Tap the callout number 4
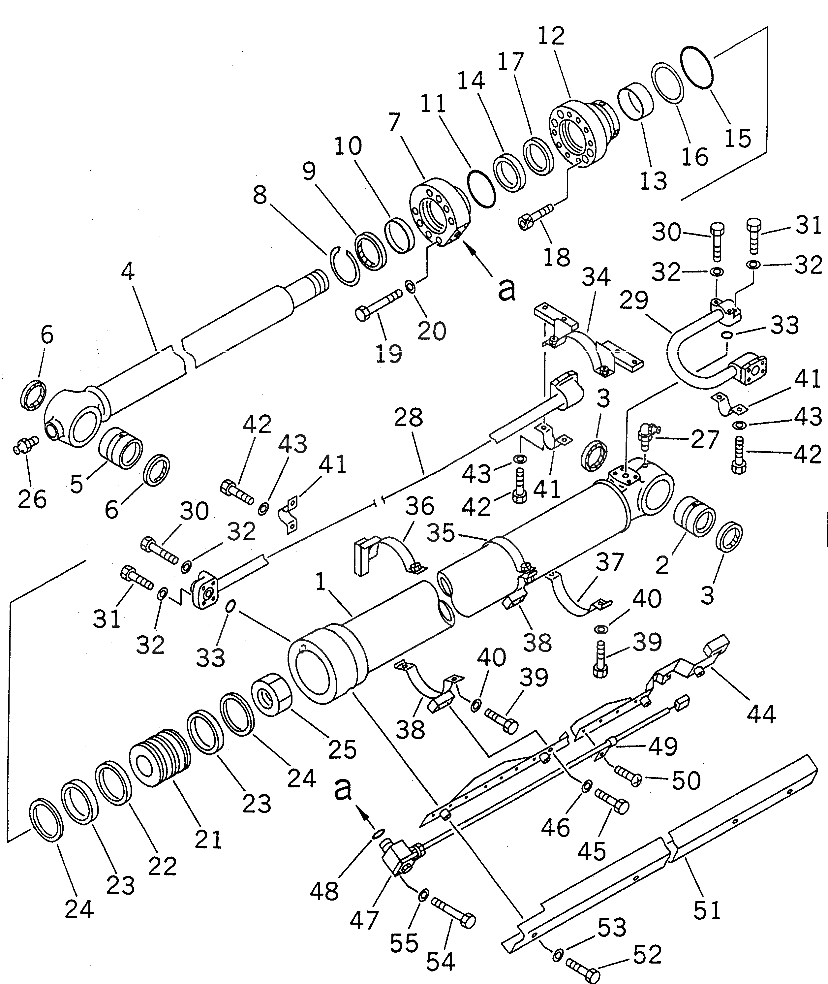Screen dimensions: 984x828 (x=128, y=271)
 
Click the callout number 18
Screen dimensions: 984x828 (x=558, y=257)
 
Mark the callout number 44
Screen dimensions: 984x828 (x=761, y=714)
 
